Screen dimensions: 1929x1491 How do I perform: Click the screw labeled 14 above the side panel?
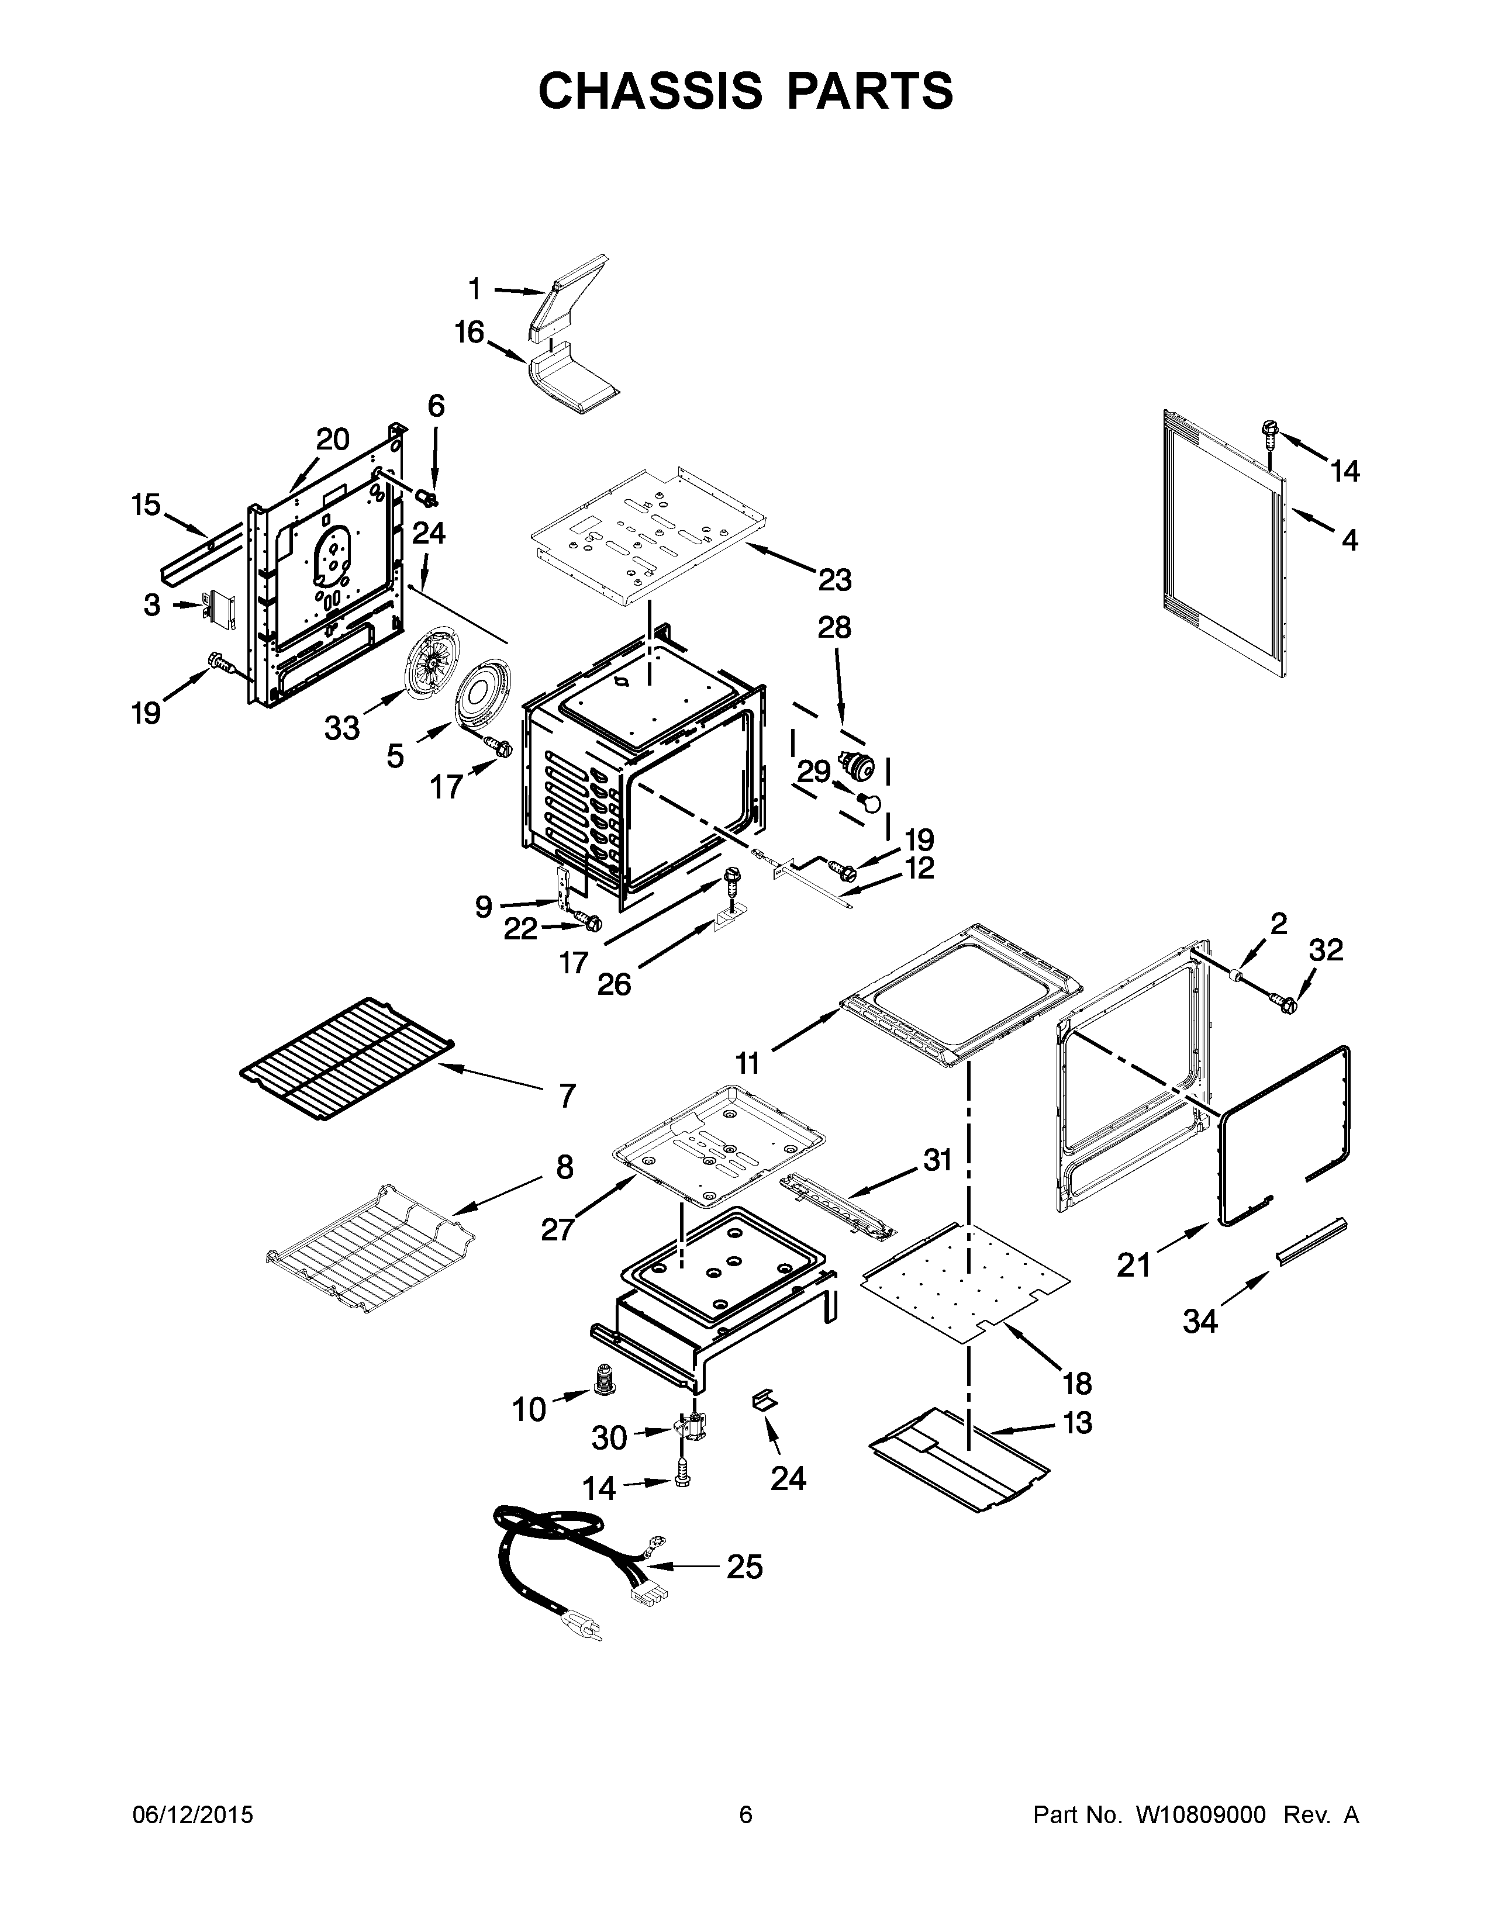coord(1270,433)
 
